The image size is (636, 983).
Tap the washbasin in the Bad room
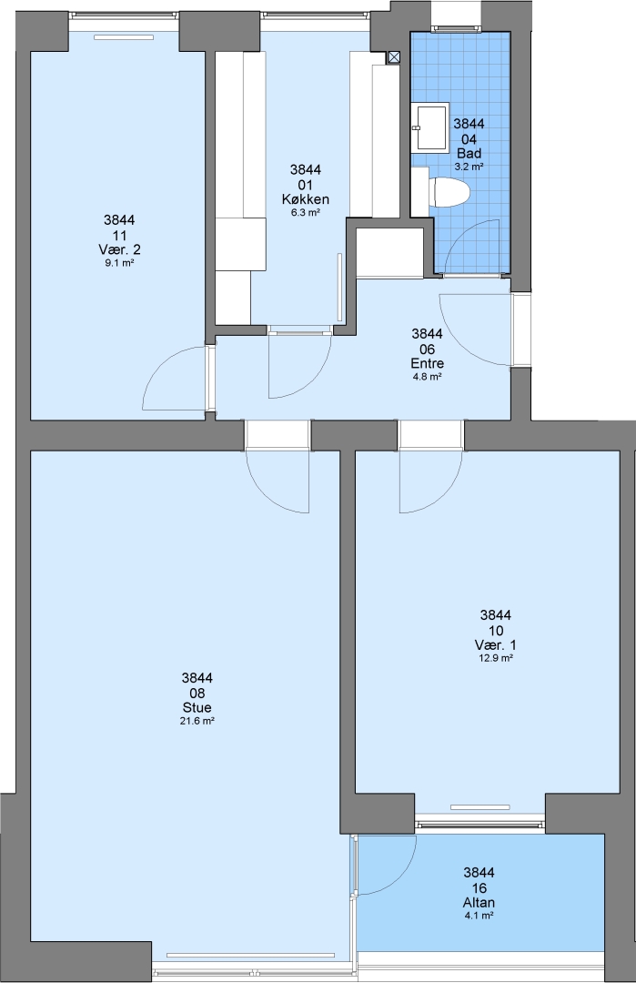(430, 127)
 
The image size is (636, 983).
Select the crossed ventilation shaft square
(393, 57)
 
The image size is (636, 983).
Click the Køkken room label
(306, 199)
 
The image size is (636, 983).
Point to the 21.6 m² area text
(197, 721)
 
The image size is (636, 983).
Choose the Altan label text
(479, 903)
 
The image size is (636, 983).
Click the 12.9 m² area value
(496, 658)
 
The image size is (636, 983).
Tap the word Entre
(428, 363)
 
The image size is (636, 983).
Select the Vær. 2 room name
(120, 250)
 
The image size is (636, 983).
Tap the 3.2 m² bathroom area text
(469, 167)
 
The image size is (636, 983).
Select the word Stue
(197, 708)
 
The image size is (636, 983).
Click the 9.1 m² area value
(120, 263)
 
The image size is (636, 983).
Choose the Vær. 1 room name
(496, 645)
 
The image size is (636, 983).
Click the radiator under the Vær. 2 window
(124, 37)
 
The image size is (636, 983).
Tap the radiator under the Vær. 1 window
(480, 807)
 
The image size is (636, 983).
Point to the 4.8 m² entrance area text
(428, 377)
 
